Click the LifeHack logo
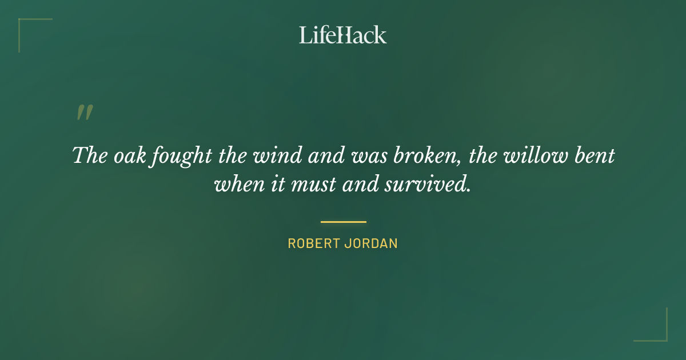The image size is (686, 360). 343,35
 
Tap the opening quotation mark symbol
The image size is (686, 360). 85,113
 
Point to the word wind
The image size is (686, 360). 269,155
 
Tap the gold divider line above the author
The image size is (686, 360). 343,222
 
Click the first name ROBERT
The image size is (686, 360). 313,243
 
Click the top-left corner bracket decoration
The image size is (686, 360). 26,26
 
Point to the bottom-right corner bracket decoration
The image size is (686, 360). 660,334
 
